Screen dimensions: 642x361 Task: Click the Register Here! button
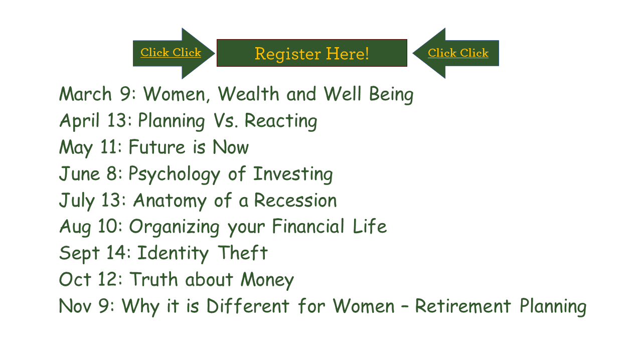(312, 53)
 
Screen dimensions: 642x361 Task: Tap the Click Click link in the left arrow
(171, 53)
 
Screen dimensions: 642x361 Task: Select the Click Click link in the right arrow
(458, 53)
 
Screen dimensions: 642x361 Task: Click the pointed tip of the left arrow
(215, 53)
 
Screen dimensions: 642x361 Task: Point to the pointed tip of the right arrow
(413, 53)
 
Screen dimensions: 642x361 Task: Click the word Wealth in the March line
(248, 94)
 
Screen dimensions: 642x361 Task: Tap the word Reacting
(281, 121)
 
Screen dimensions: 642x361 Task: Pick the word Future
(157, 147)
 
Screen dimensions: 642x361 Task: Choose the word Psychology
(174, 174)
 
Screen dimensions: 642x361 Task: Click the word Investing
(293, 174)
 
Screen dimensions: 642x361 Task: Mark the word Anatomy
(170, 201)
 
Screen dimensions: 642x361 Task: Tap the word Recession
(295, 200)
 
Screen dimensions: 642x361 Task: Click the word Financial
(308, 226)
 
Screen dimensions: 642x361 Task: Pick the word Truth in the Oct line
(154, 279)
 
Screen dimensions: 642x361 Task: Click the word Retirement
(463, 306)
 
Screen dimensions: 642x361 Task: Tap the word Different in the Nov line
(248, 305)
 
